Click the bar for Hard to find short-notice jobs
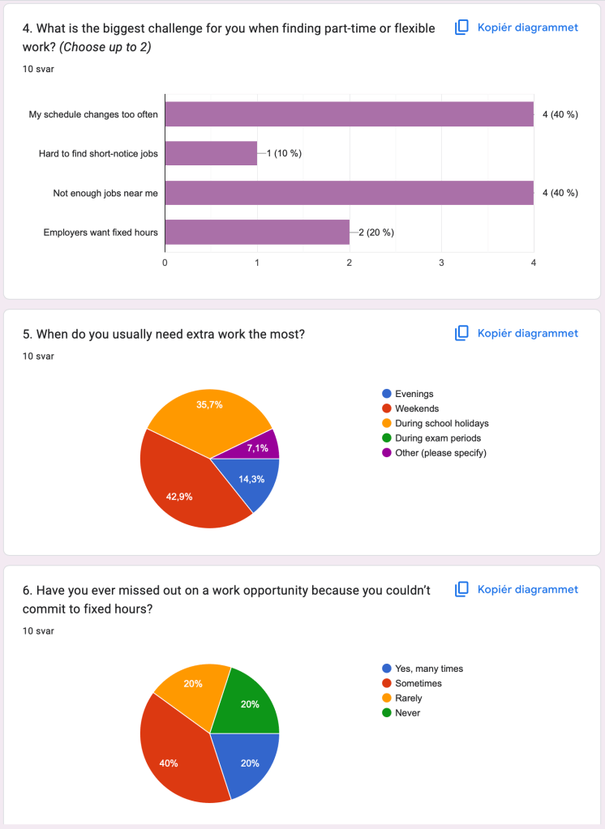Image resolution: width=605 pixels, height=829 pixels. point(211,153)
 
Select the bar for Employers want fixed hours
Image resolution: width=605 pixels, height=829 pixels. point(257,233)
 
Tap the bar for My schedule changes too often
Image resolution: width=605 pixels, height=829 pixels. point(349,114)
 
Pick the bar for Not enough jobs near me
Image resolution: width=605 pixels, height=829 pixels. point(349,193)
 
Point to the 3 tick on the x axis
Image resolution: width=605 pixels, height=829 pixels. point(441,263)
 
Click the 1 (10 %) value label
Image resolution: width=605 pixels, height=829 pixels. point(284,153)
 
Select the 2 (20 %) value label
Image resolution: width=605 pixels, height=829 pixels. point(376,233)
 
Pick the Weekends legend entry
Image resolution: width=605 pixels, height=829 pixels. point(416,408)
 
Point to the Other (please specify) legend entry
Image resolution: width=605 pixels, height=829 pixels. point(440,453)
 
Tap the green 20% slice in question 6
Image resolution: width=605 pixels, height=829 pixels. point(248,703)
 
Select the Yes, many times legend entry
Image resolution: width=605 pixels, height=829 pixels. point(428,669)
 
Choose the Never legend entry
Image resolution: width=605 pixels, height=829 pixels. point(406,712)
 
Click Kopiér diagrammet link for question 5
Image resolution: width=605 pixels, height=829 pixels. point(527,333)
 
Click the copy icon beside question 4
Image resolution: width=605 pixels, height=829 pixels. point(461,28)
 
